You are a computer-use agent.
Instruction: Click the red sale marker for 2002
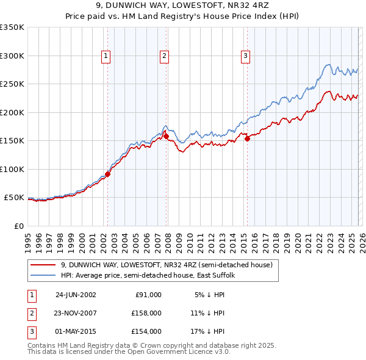pyautogui.click(x=107, y=174)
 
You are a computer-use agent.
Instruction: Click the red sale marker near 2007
pyautogui.click(x=166, y=136)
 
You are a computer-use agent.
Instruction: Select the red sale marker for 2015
pyautogui.click(x=247, y=139)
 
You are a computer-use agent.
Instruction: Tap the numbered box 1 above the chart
pyautogui.click(x=106, y=56)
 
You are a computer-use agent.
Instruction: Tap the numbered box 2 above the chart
pyautogui.click(x=164, y=56)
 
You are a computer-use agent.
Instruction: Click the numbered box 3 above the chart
pyautogui.click(x=245, y=56)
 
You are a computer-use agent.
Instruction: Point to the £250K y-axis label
pyautogui.click(x=12, y=84)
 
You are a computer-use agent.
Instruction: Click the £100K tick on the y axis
pyautogui.click(x=12, y=169)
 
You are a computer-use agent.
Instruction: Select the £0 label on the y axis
pyautogui.click(x=18, y=226)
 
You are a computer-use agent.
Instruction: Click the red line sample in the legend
pyautogui.click(x=44, y=265)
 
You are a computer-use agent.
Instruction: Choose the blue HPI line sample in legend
pyautogui.click(x=44, y=275)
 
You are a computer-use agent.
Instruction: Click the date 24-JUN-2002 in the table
pyautogui.click(x=76, y=295)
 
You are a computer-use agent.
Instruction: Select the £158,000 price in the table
pyautogui.click(x=146, y=313)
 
